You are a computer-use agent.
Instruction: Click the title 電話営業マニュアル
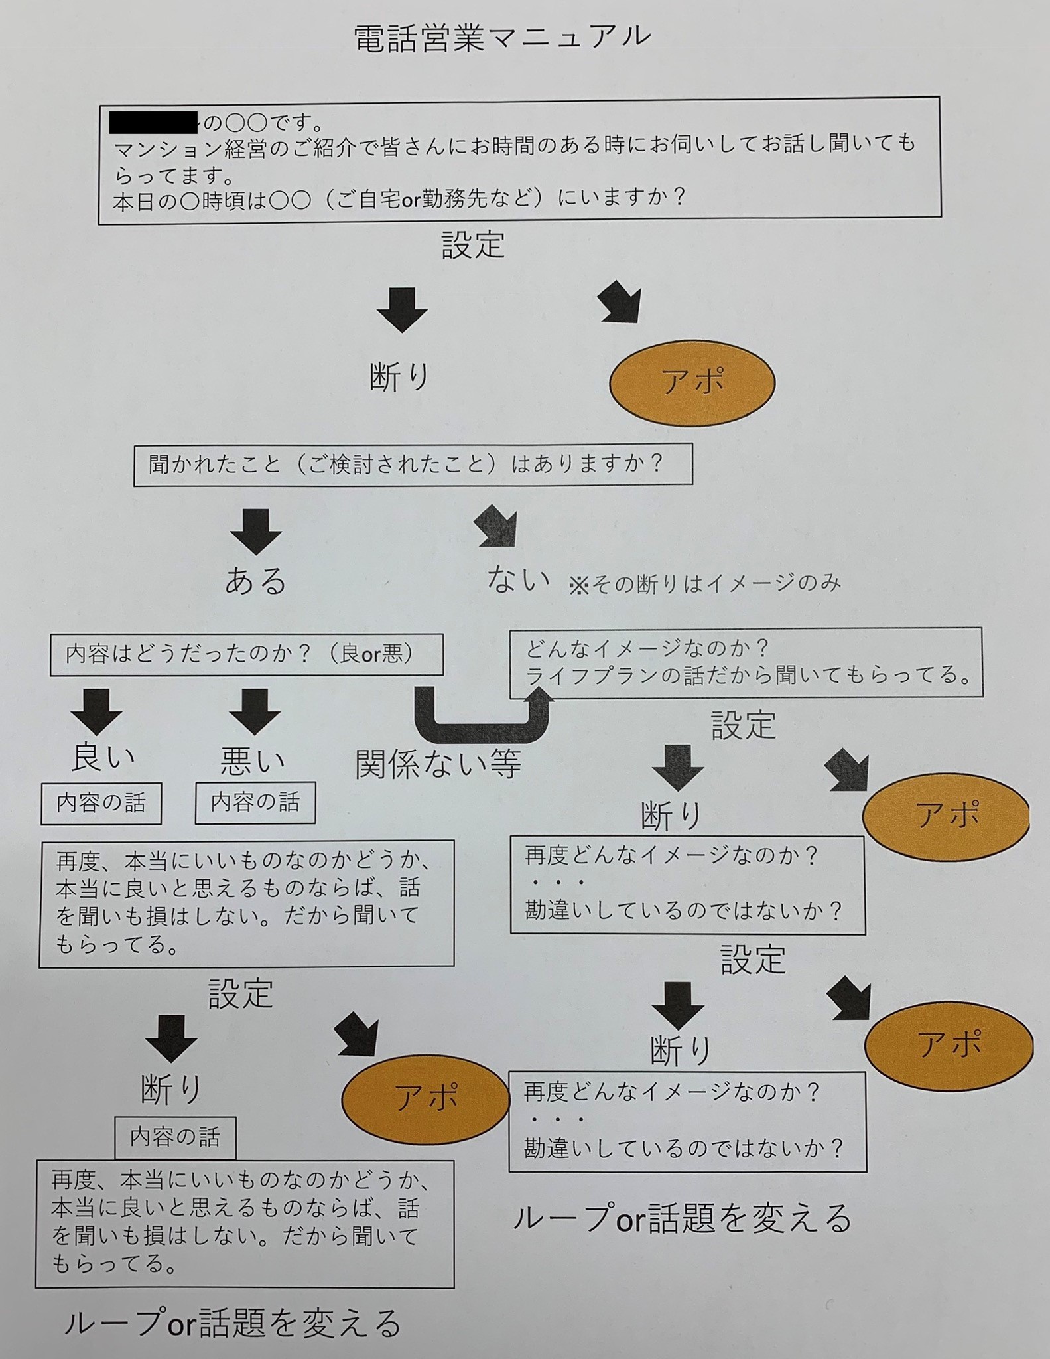[x=502, y=37]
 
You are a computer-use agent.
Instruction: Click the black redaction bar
[x=154, y=122]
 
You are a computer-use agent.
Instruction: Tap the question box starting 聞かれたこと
[x=413, y=465]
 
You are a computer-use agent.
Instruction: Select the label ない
[x=518, y=579]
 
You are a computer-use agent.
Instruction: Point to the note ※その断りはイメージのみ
[x=704, y=583]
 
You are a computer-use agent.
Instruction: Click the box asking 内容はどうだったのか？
[x=246, y=655]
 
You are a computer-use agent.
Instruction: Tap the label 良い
[x=103, y=758]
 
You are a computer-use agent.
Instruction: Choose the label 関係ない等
[x=438, y=764]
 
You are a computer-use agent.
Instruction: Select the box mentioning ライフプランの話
[x=746, y=662]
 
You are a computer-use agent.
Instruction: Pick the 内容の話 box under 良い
[x=101, y=804]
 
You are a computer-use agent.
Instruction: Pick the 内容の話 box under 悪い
[x=255, y=803]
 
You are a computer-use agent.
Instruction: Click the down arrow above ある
[x=256, y=530]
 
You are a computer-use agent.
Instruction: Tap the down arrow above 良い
[x=97, y=711]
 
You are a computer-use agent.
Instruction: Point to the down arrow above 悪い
[x=255, y=711]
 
